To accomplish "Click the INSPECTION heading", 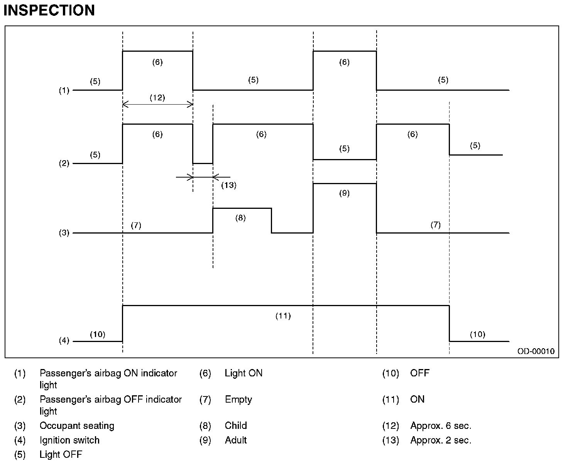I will tap(49, 10).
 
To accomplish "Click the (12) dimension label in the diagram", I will tap(157, 98).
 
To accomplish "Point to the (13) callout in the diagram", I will tap(228, 185).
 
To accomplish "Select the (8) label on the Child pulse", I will tap(240, 218).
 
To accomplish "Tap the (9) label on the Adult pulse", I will tap(344, 193).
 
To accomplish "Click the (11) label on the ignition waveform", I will tap(283, 316).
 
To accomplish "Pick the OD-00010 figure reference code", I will tap(536, 351).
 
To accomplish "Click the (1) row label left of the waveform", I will tap(64, 91).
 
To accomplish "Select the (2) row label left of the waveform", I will tap(64, 163).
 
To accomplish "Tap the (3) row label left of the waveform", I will tap(64, 233).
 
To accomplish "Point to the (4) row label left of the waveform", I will tap(64, 341).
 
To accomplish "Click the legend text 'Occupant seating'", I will tap(77, 426).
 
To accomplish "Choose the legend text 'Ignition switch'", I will tap(69, 440).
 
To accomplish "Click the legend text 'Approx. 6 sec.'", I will tap(441, 426).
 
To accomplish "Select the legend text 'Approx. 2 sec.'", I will tap(441, 440).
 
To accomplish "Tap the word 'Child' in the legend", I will tap(236, 426).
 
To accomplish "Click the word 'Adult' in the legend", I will tap(236, 440).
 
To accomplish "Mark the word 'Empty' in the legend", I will tap(238, 400).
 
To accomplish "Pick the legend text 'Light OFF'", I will tap(61, 455).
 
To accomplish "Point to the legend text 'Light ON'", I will tap(243, 373).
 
